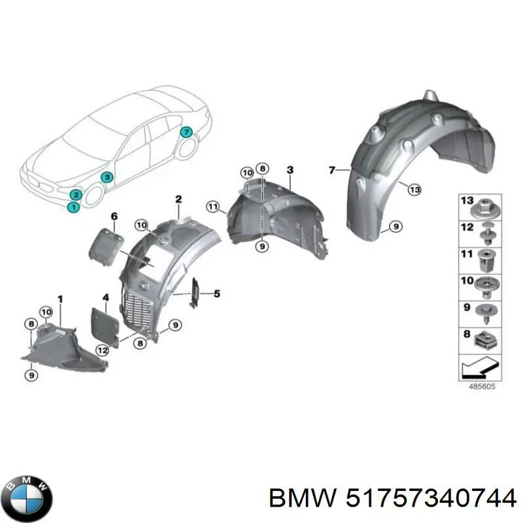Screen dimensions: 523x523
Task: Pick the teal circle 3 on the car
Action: (x=105, y=177)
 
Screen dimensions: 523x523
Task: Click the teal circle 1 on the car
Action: (x=73, y=207)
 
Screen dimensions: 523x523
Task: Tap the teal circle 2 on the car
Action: (x=76, y=194)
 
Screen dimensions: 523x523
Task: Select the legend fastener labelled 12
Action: (x=487, y=230)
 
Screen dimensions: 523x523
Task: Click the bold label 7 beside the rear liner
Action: (x=331, y=171)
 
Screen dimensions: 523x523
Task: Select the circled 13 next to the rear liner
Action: (x=413, y=190)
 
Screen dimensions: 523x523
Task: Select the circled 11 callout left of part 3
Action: (x=212, y=207)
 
